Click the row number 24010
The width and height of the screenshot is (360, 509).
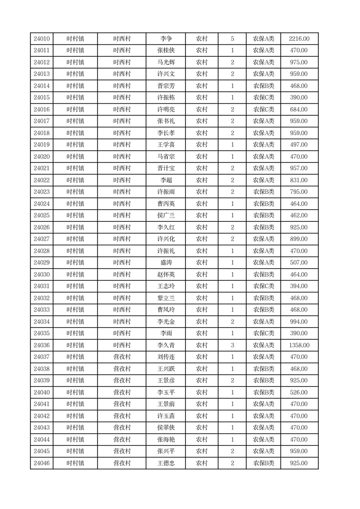click(x=42, y=39)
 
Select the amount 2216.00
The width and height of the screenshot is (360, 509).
click(x=299, y=39)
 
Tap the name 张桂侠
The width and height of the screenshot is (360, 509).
click(x=166, y=51)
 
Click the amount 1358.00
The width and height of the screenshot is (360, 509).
click(x=299, y=345)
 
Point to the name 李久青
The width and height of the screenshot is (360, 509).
click(x=166, y=345)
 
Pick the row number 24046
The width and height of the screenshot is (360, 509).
click(x=42, y=463)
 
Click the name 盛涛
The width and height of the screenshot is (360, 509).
click(x=166, y=263)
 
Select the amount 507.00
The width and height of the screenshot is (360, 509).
click(x=299, y=263)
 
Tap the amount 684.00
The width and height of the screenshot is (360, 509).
click(x=299, y=110)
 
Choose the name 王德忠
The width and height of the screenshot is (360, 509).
click(x=166, y=463)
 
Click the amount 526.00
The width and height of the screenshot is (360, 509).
click(x=299, y=392)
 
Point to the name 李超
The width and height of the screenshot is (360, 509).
click(x=166, y=180)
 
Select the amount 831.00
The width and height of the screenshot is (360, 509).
click(x=299, y=180)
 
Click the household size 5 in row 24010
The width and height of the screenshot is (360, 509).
click(x=233, y=39)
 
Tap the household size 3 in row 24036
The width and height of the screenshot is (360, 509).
click(x=233, y=345)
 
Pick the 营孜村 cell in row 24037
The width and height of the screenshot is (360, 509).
click(x=122, y=357)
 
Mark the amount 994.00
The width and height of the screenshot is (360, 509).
click(x=299, y=322)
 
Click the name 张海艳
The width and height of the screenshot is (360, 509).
click(x=166, y=440)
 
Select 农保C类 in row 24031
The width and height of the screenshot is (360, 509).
click(x=263, y=286)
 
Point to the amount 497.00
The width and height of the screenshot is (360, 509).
click(x=299, y=145)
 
